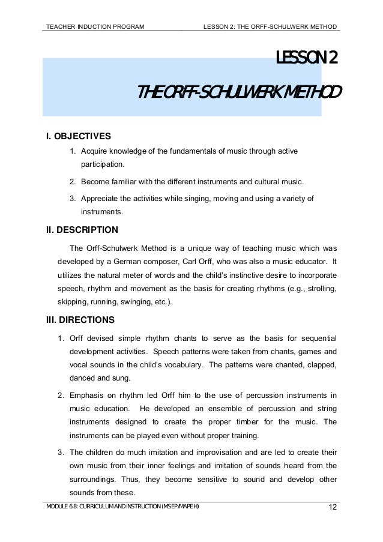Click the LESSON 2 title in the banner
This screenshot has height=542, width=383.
point(306,58)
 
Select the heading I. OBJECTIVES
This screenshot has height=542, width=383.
point(79,136)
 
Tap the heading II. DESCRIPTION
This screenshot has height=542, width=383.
point(82,229)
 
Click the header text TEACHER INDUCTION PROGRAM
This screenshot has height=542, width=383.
point(95,26)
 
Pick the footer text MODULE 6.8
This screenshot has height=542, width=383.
point(61,507)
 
